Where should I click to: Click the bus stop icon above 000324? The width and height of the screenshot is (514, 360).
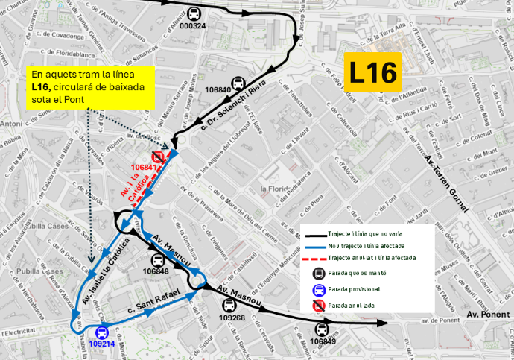(194, 13)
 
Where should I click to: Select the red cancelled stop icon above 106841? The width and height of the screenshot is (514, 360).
(157, 157)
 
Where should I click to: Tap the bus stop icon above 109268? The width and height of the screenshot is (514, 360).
(228, 306)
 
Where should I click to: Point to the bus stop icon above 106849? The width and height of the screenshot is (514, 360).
(323, 329)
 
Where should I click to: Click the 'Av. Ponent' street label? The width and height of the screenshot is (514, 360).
(489, 315)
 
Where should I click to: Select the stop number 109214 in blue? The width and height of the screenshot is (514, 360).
(101, 344)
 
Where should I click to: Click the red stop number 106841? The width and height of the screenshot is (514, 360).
(144, 167)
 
